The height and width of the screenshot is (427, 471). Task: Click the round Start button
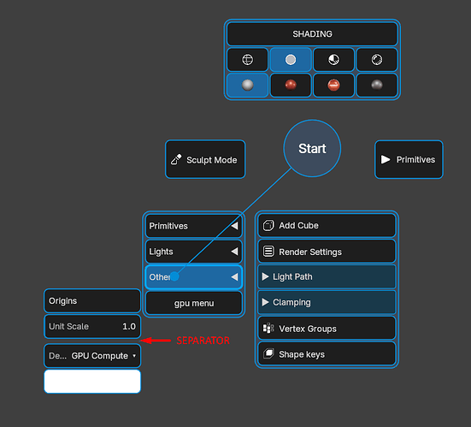(x=312, y=148)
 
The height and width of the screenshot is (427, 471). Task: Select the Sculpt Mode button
(x=205, y=159)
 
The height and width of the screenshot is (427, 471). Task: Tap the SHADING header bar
(x=312, y=34)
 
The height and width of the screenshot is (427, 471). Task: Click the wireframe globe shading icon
(x=248, y=60)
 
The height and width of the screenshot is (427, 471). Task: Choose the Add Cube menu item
(x=327, y=226)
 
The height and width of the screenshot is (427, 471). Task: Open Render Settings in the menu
(x=327, y=252)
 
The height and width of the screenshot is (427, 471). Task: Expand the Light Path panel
(x=327, y=276)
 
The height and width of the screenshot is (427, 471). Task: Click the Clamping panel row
(x=327, y=302)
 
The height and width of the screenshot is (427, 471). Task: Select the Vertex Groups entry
(x=327, y=329)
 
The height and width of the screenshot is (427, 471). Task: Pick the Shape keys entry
(x=327, y=354)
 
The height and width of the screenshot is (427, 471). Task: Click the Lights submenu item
(x=194, y=252)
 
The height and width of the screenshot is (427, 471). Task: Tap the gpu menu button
(x=194, y=303)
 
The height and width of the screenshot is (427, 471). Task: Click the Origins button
(x=92, y=300)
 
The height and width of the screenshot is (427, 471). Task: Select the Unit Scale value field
(x=92, y=326)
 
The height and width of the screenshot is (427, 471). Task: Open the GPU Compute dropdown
(x=92, y=356)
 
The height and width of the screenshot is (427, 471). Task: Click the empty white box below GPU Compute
(x=92, y=382)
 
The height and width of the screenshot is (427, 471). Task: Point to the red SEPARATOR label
(x=203, y=341)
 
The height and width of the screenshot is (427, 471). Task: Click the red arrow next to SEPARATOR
(x=156, y=341)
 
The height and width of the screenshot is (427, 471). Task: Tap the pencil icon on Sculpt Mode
(x=176, y=159)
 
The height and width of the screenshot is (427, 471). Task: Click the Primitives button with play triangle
(x=409, y=159)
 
